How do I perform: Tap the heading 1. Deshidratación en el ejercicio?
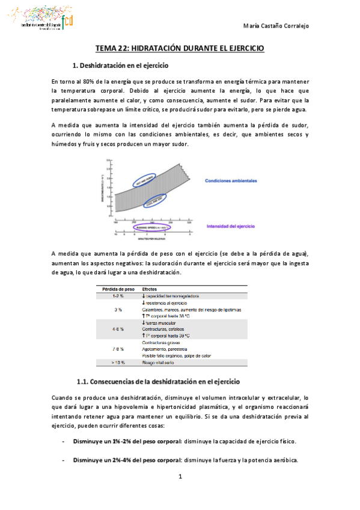coord(120,65)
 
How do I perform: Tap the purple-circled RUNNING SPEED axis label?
coord(151,227)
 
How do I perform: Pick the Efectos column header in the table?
coord(150,289)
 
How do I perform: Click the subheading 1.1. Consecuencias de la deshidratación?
coord(158,382)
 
